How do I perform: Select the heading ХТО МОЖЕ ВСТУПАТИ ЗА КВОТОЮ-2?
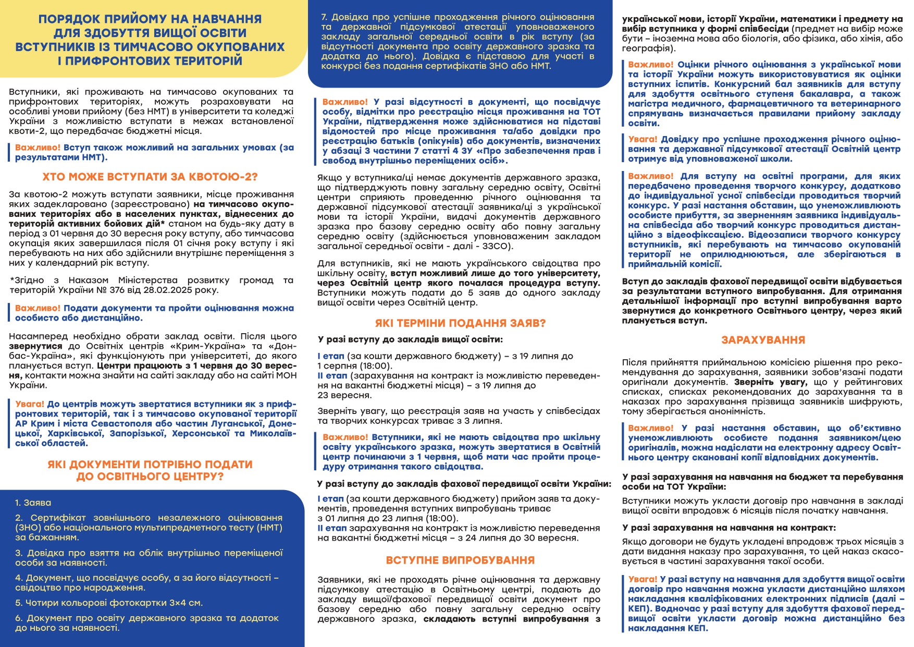click(x=150, y=177)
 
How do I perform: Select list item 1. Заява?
click(x=33, y=503)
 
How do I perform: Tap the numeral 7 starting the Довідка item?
click(x=324, y=17)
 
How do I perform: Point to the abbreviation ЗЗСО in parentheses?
click(x=496, y=246)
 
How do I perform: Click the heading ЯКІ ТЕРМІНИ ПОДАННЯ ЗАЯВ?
click(x=460, y=323)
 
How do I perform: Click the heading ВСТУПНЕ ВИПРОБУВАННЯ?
click(x=460, y=560)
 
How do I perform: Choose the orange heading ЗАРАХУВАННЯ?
click(x=763, y=340)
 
